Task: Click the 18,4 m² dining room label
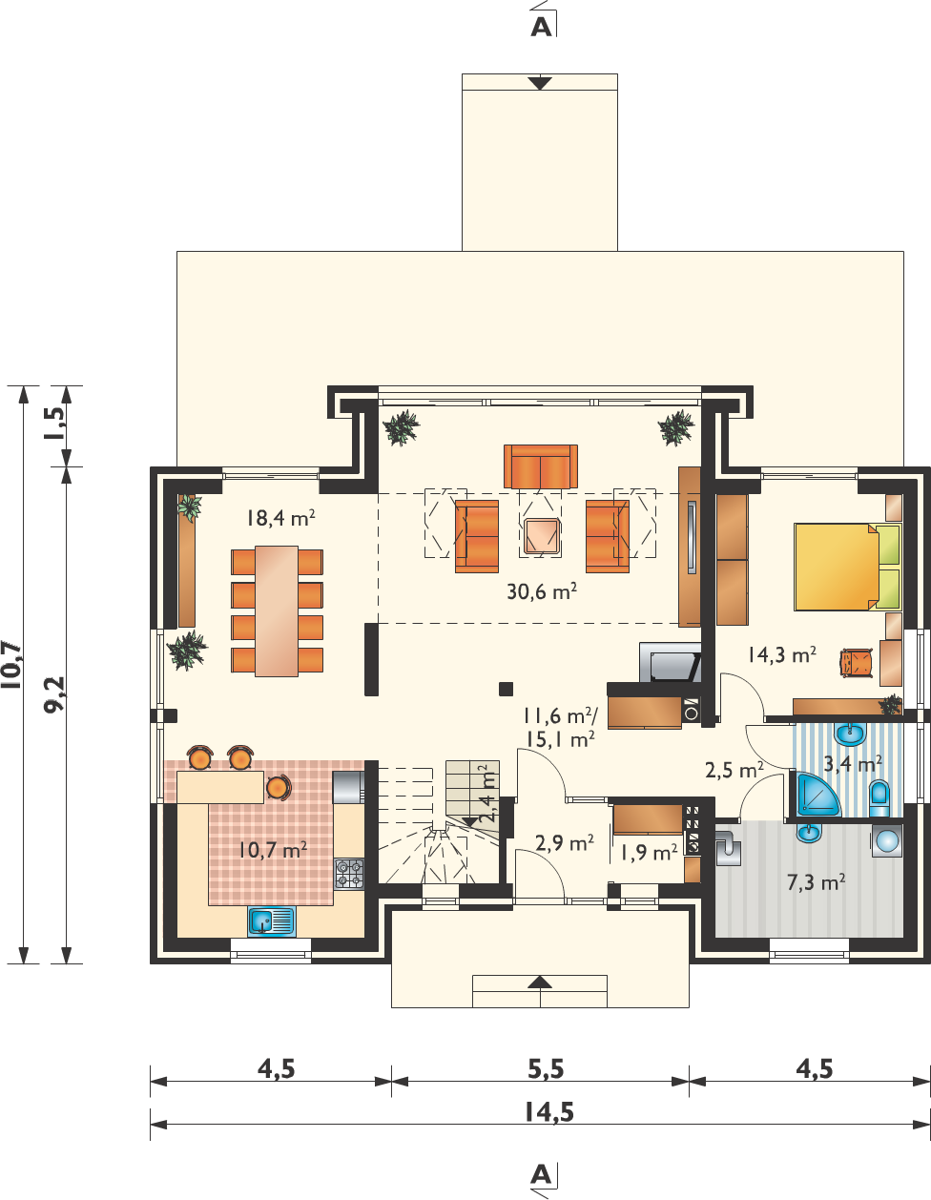pos(280,518)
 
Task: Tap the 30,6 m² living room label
pos(542,591)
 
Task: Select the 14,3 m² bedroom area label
pos(782,654)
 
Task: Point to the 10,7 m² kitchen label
pos(273,849)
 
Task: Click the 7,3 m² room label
pos(816,882)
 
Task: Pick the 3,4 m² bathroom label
pos(852,764)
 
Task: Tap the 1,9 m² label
pos(649,853)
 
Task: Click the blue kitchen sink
pos(271,921)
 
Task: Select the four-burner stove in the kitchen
pos(349,874)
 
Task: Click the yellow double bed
pos(847,568)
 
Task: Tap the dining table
pos(277,611)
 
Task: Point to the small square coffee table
pos(541,536)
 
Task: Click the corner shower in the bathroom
pos(817,795)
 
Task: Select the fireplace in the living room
pos(670,662)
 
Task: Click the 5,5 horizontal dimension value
pos(546,1069)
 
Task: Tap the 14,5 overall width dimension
pos(548,1111)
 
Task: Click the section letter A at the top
pos(541,27)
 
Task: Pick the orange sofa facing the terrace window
pos(541,466)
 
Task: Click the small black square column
pos(506,689)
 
